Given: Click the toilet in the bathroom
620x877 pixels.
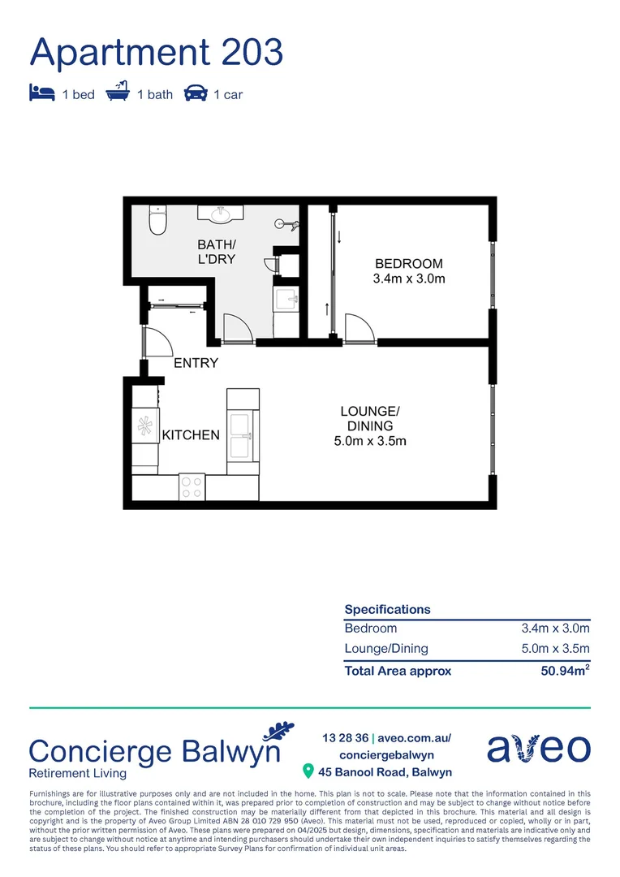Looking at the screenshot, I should click(157, 219).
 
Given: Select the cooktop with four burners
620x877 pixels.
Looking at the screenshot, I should click(192, 486).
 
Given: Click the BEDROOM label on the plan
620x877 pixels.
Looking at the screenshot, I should click(409, 263).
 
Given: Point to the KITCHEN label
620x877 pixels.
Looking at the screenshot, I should click(191, 435).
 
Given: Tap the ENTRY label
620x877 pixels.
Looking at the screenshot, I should click(196, 363).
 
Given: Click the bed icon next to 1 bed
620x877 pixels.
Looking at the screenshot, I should click(41, 93).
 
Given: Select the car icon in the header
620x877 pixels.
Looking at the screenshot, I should click(196, 93).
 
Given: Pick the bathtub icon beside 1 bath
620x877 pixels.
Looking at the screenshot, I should click(118, 93).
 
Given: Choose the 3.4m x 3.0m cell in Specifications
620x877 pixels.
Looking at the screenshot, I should click(555, 629).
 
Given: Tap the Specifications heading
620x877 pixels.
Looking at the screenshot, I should click(387, 609).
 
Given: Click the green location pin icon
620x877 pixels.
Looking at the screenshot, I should click(308, 771).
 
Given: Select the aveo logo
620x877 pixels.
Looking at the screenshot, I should click(539, 747).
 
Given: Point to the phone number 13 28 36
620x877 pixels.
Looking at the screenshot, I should click(345, 738).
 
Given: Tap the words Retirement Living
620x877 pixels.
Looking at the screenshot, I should click(77, 773).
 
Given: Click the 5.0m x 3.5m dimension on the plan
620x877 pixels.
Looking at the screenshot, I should click(369, 441).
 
